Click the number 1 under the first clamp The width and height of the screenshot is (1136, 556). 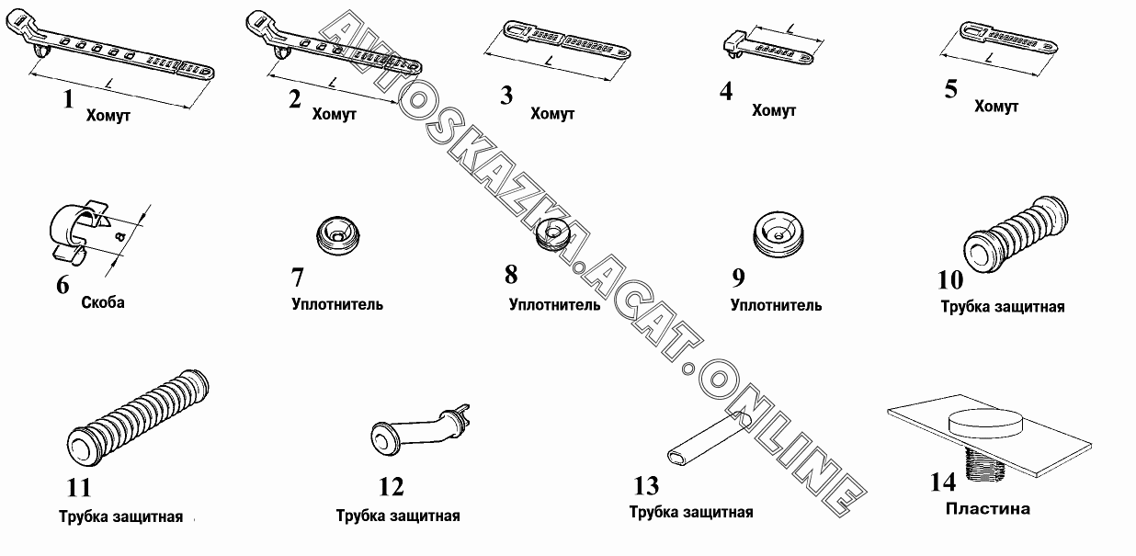pos(68,99)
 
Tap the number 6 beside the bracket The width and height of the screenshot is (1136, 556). pos(62,285)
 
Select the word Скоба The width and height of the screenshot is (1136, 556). pos(103,303)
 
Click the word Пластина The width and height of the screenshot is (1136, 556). pos(988,508)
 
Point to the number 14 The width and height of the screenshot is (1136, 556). pos(943,482)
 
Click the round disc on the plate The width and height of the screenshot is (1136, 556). pos(986,423)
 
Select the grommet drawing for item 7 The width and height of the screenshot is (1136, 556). pos(337,235)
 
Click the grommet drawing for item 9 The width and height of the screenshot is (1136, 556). pos(778,233)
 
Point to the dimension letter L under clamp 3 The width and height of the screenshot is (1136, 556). pos(550,62)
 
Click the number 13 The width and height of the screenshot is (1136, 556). pos(646,486)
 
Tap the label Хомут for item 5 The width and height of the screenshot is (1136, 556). pos(996,107)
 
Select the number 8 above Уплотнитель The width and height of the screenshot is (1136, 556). pos(511,275)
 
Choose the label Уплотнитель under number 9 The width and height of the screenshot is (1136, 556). pos(776,305)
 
